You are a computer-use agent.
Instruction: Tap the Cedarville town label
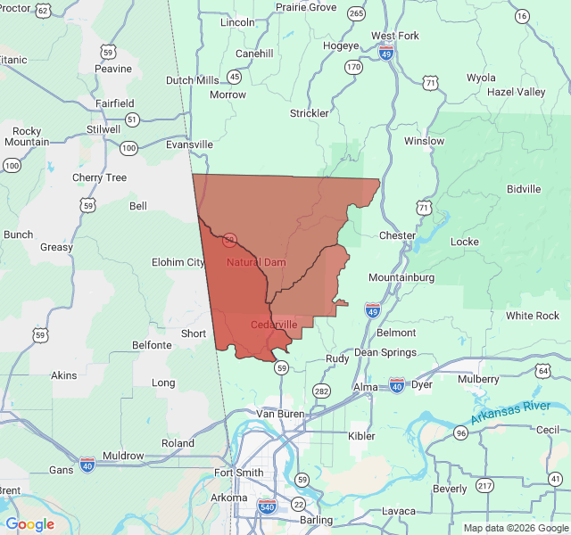click(274, 325)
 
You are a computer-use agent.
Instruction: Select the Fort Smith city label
click(239, 473)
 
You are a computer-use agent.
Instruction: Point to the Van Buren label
click(280, 414)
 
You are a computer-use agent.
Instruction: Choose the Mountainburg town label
click(401, 277)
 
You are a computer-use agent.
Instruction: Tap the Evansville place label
click(189, 144)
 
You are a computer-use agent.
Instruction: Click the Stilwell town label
click(103, 129)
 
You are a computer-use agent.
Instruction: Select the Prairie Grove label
click(306, 7)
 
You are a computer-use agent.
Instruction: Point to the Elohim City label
click(178, 262)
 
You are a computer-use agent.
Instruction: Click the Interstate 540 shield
click(267, 506)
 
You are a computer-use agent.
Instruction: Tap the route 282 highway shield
click(321, 391)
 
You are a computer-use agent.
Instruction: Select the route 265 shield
click(357, 13)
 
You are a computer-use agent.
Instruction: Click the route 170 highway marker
click(354, 68)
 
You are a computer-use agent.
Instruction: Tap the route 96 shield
click(460, 433)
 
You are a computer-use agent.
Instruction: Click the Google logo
click(29, 524)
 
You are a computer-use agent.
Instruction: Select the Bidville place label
click(524, 189)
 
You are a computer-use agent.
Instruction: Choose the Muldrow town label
click(123, 456)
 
